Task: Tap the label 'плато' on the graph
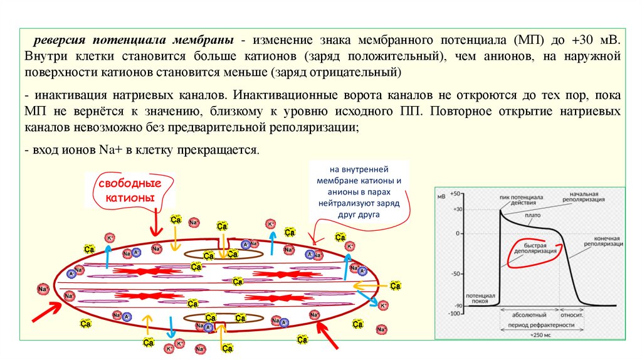534,215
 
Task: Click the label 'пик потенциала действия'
521,200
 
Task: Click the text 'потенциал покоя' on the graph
481,297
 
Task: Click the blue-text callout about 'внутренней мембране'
359,191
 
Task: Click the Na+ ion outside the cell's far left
43,289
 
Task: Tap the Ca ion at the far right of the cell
396,286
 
